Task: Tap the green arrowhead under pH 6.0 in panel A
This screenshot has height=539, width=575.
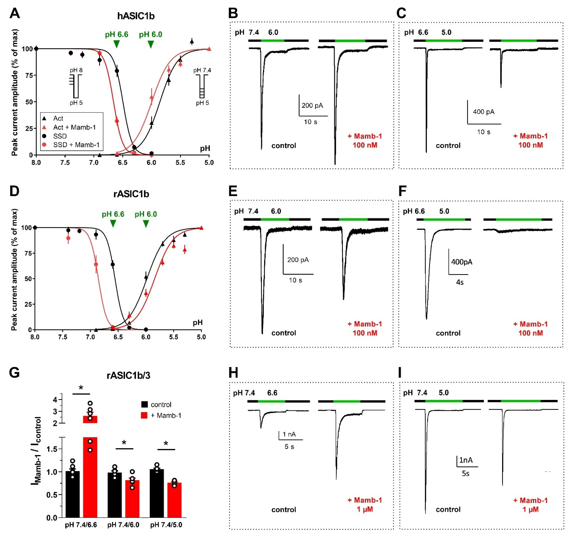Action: pyautogui.click(x=150, y=44)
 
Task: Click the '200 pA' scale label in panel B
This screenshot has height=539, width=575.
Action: pyautogui.click(x=312, y=105)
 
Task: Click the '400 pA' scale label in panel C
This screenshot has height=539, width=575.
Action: pyautogui.click(x=484, y=112)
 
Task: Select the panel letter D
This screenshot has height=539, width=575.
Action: pyautogui.click(x=14, y=191)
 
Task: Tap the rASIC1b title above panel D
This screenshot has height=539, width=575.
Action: pyautogui.click(x=131, y=194)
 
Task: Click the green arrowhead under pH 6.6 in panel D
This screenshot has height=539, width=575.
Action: pyautogui.click(x=113, y=223)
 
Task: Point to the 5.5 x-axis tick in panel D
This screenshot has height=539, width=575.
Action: pyautogui.click(x=174, y=337)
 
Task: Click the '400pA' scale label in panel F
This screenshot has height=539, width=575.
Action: pyautogui.click(x=462, y=262)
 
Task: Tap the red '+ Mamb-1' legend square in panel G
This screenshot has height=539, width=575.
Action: pyautogui.click(x=144, y=415)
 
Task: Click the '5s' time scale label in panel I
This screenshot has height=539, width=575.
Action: pyautogui.click(x=465, y=473)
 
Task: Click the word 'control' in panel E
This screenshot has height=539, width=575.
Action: pyautogui.click(x=283, y=333)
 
